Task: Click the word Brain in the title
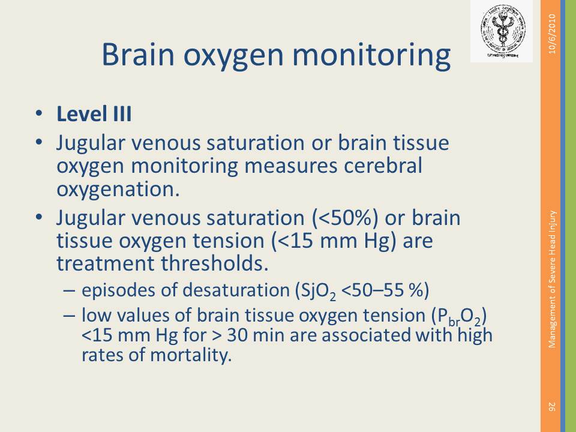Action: [x=138, y=54]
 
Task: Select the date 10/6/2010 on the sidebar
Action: [x=553, y=34]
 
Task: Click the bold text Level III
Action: [x=94, y=114]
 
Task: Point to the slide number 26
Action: [x=552, y=407]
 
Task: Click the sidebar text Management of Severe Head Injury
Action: [x=553, y=279]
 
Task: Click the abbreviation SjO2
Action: [x=319, y=291]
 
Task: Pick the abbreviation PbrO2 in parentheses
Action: [x=460, y=317]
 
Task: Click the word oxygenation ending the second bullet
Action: [x=118, y=190]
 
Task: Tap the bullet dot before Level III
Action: [x=39, y=113]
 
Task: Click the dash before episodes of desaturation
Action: [x=68, y=290]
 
